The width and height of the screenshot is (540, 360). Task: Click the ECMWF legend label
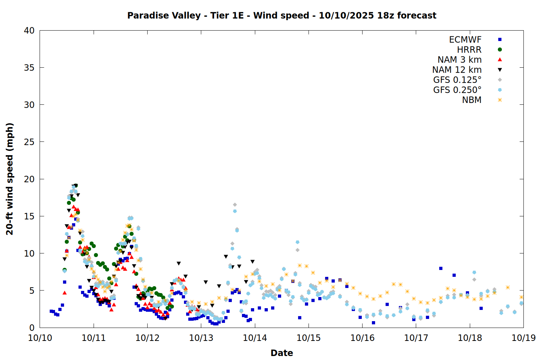[x=465, y=40]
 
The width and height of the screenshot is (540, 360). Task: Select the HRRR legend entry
[x=469, y=50]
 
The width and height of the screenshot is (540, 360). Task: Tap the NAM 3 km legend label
[x=459, y=60]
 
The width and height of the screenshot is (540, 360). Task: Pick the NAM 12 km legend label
[x=457, y=70]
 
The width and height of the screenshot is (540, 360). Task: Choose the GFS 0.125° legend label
[x=457, y=80]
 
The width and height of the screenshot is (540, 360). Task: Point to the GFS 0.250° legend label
[x=457, y=90]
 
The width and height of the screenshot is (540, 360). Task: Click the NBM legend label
[x=472, y=100]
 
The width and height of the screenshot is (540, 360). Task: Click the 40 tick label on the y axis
[x=29, y=31]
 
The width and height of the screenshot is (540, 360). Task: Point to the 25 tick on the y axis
[x=29, y=142]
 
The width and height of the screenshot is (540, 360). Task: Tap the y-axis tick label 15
[x=29, y=216]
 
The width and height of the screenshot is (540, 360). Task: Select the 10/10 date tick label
[x=40, y=338]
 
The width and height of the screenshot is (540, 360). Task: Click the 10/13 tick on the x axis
[x=201, y=338]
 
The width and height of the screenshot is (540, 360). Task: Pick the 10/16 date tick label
[x=363, y=338]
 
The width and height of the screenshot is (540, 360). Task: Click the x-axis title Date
[x=282, y=353]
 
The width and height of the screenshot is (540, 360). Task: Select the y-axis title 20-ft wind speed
[x=10, y=179]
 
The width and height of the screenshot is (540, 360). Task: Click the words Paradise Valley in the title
[x=164, y=15]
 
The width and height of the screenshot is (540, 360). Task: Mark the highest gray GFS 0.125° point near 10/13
[x=235, y=205]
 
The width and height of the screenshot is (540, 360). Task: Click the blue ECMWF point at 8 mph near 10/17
[x=441, y=268]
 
